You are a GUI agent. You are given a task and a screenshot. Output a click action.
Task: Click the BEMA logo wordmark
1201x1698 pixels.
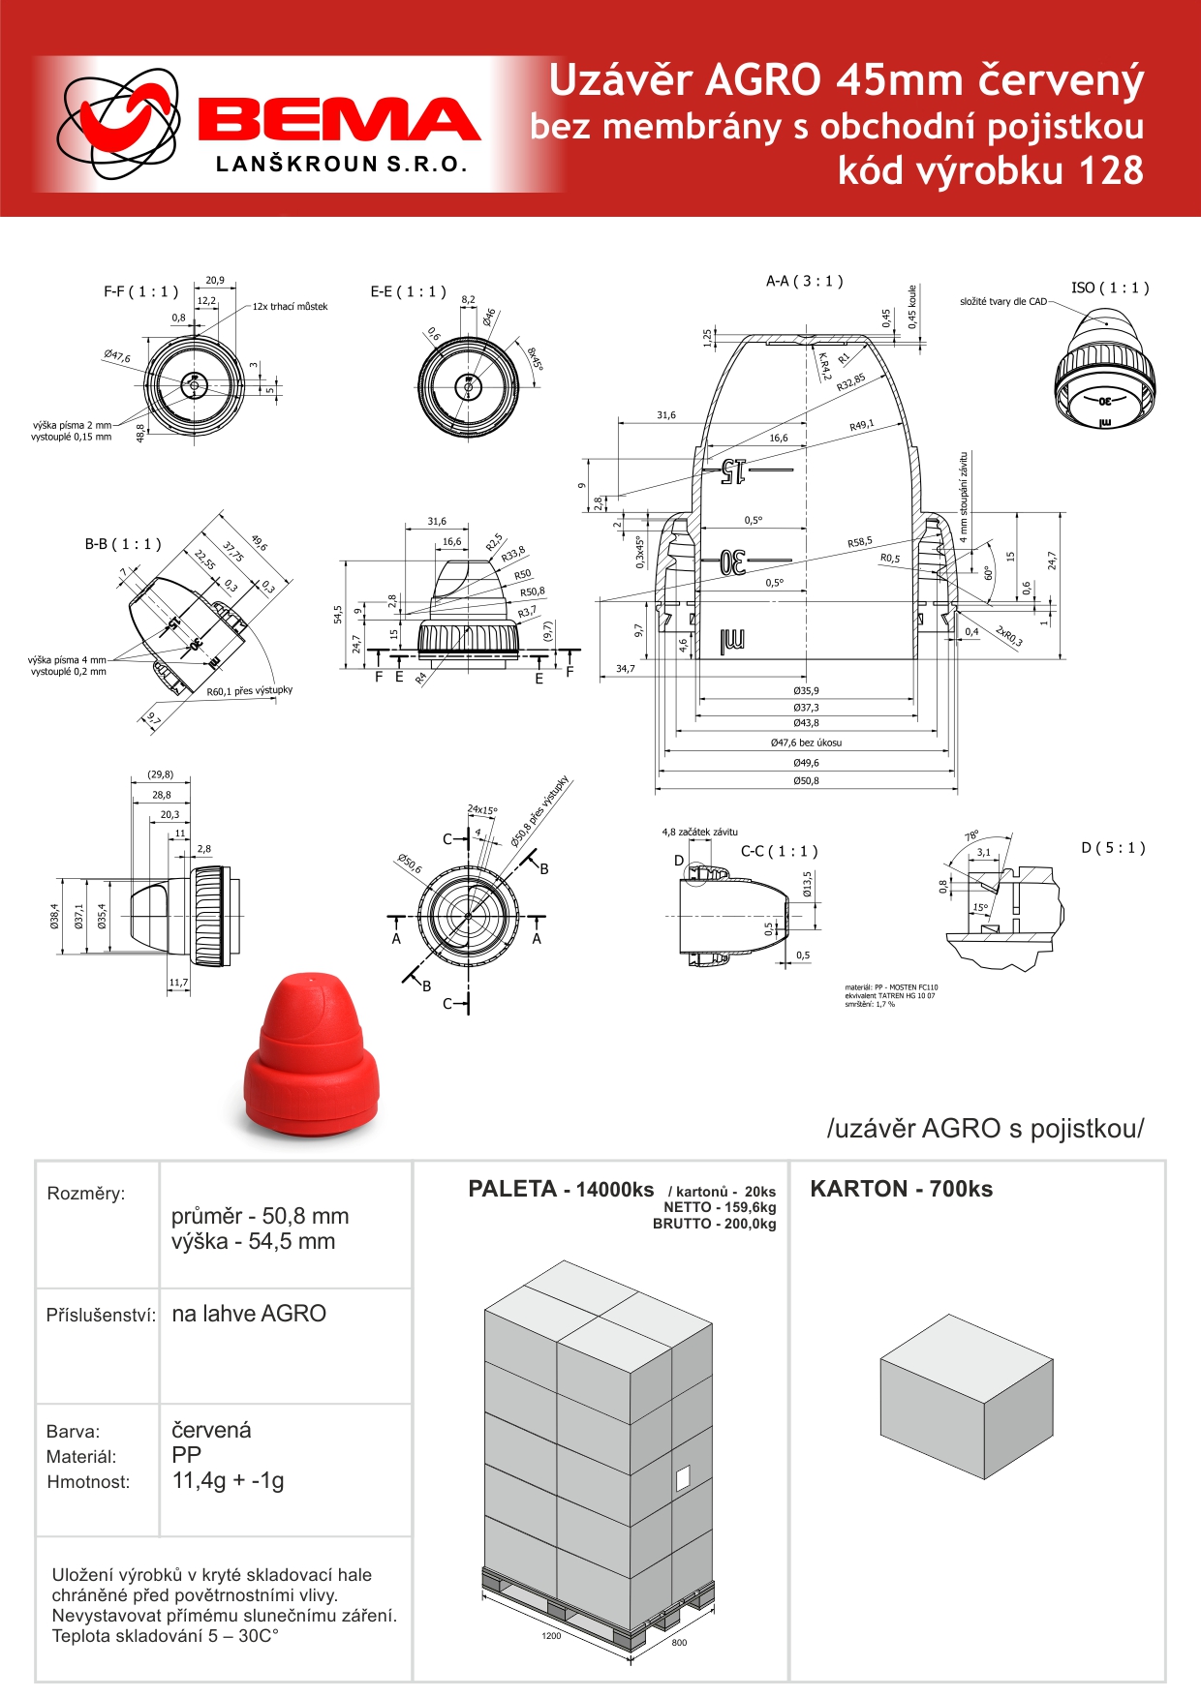point(339,119)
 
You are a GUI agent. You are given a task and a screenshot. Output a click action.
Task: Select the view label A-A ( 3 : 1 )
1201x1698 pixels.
point(804,282)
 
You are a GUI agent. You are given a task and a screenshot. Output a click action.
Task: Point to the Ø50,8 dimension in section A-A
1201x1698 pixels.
point(806,781)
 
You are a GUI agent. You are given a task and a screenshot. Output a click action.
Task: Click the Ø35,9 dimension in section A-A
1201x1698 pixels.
point(806,691)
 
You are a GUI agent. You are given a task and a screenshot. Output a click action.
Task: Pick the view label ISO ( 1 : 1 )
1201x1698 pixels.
point(1110,288)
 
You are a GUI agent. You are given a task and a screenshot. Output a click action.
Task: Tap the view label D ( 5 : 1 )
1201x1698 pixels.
point(1113,848)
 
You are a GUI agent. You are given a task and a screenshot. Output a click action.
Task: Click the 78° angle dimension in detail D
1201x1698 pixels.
point(971,835)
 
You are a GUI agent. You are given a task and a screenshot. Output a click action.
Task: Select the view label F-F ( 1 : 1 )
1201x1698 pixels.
point(140,292)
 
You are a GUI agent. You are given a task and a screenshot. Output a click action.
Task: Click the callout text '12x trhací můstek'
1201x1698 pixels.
point(290,307)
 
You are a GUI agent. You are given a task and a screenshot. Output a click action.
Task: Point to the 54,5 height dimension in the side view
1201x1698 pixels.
point(338,615)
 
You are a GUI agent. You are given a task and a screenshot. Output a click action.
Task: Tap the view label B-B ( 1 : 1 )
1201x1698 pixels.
point(123,545)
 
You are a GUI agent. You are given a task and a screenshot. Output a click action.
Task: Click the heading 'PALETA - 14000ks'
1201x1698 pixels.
point(561,1190)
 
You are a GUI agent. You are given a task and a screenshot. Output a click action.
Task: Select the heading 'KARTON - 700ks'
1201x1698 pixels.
point(901,1190)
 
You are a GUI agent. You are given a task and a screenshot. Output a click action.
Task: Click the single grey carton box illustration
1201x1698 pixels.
point(966,1396)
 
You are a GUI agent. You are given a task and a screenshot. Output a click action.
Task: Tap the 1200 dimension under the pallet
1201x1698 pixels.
point(551,1636)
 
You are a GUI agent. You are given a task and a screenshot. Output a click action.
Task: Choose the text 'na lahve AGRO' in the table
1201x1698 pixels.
point(249,1314)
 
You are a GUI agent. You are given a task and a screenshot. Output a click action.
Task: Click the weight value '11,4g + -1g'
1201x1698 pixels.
point(228,1480)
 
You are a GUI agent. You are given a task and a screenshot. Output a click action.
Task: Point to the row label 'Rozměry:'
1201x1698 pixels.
point(86,1194)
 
